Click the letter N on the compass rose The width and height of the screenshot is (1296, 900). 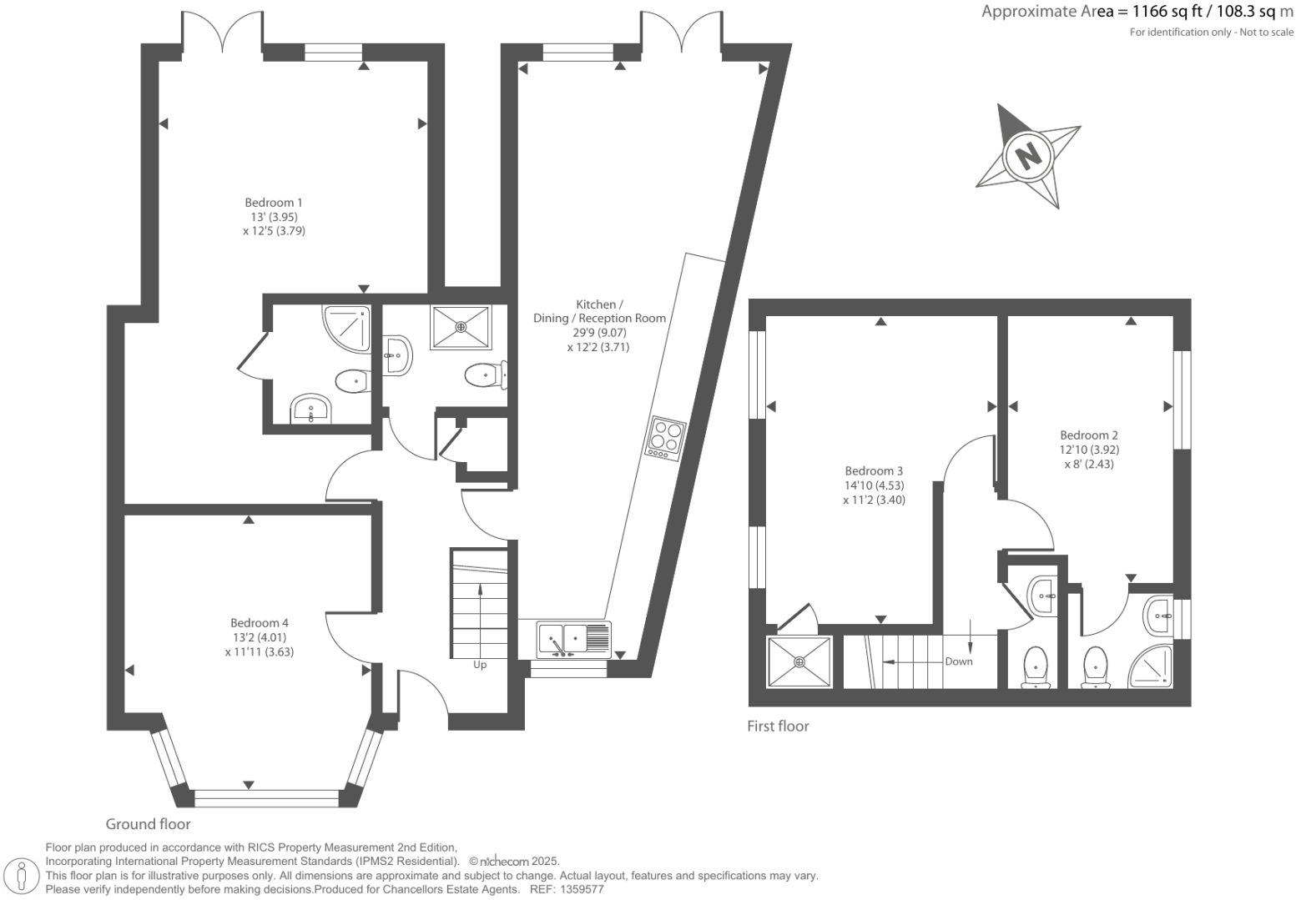1029,154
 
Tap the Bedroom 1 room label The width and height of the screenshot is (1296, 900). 274,203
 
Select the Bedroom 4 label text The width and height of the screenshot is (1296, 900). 260,623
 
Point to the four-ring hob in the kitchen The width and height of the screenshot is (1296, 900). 666,437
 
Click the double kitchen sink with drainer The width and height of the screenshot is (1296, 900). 574,640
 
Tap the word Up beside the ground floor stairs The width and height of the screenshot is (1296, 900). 480,665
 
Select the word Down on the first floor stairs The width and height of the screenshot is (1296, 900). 959,661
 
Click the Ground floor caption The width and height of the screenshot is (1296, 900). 148,824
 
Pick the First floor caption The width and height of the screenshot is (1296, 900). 778,727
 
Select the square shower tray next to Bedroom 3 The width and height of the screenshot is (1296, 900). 799,662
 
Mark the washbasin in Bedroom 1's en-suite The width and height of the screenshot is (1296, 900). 311,410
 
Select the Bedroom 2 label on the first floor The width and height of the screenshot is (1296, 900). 1088,435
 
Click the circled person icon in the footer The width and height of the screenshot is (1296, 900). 23,876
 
